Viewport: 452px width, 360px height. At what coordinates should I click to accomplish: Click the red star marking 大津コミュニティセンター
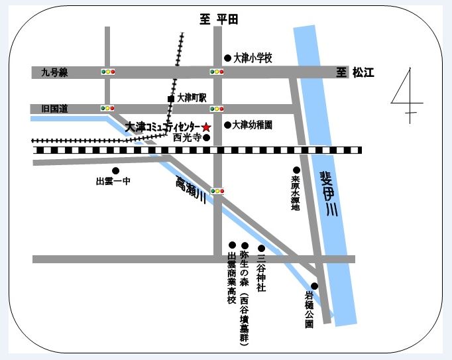coord(206,127)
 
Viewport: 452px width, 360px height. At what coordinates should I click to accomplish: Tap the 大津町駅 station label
coord(192,97)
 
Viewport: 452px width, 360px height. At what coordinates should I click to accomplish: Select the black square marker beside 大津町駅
coord(170,99)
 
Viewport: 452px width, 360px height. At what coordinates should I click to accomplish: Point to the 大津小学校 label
coord(253,58)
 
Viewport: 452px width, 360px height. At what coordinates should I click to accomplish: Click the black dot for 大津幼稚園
coord(227,125)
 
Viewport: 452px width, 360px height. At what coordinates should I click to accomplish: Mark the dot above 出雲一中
coord(115,170)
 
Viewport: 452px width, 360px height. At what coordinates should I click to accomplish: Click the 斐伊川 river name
coord(329,193)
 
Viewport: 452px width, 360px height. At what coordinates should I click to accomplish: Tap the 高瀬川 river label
coord(188,192)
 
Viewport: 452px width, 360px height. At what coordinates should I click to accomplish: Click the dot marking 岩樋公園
coord(314,286)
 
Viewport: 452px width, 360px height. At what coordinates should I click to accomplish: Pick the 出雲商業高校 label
coord(232,278)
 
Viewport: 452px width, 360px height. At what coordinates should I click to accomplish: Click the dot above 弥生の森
coord(245,244)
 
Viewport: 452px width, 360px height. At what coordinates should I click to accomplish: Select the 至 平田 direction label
coord(219,20)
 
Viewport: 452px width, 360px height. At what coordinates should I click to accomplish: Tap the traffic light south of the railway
coord(217,191)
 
